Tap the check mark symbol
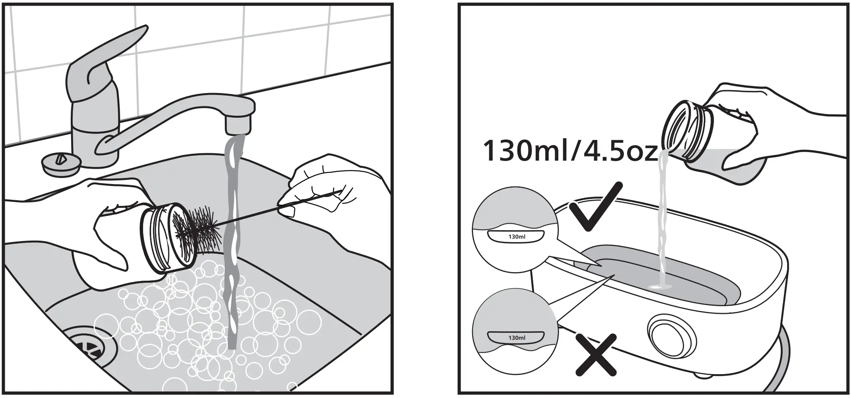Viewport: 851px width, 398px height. (595, 206)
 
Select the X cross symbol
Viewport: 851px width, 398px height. (596, 354)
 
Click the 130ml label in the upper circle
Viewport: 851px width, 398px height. (516, 237)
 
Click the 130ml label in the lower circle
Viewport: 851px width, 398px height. (516, 337)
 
